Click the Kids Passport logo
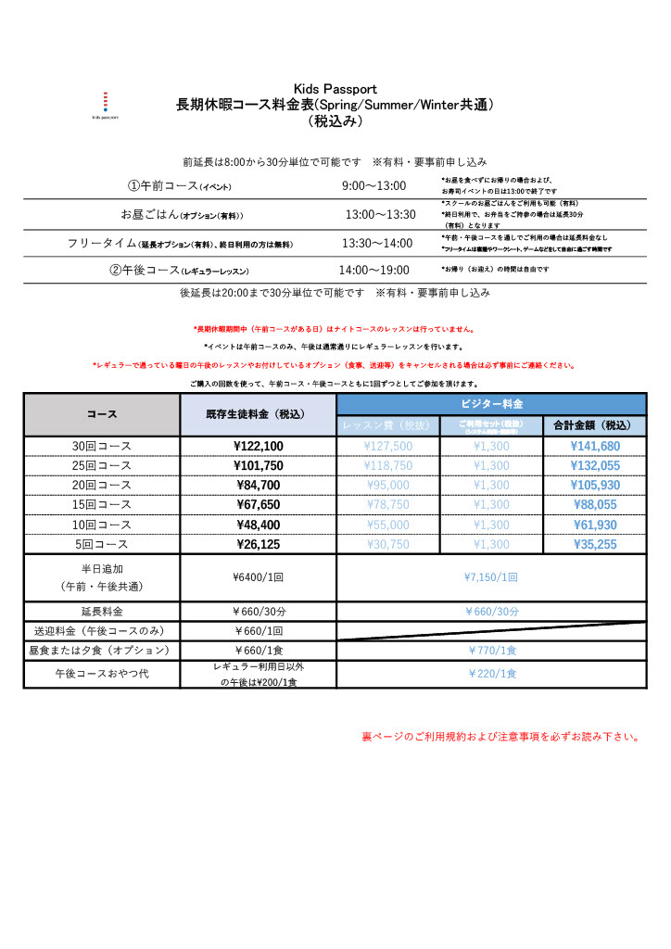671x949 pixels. tap(105, 105)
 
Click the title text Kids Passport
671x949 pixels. tap(335, 89)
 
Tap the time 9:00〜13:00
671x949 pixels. tap(373, 186)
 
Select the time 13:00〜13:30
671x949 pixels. tap(380, 215)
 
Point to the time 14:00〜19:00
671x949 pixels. tap(373, 270)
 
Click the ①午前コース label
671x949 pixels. tap(179, 186)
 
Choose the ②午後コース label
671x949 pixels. tap(179, 271)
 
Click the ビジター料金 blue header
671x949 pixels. tap(491, 404)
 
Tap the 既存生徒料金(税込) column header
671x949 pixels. tap(258, 414)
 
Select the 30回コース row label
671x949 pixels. tap(102, 446)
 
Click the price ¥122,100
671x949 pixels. tap(259, 446)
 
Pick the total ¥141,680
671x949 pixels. tap(595, 446)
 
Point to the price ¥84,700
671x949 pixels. tap(259, 485)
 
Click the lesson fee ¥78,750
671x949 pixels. tap(388, 505)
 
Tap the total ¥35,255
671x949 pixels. tap(595, 544)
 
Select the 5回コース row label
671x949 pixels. tap(102, 544)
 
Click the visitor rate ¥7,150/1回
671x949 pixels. tap(491, 576)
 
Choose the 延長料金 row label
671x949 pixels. tap(102, 612)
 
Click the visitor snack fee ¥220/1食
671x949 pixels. tap(491, 674)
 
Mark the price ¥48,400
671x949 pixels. tap(259, 525)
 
